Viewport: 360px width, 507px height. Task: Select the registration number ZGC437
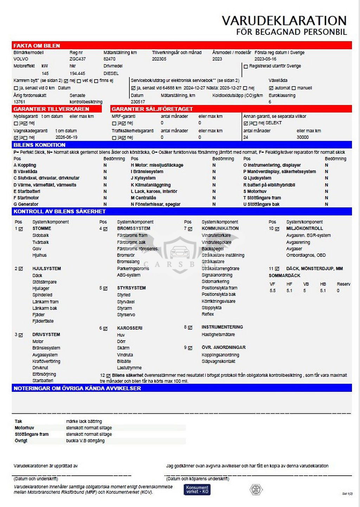pos(77,59)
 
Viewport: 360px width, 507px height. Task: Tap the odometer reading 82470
pos(109,59)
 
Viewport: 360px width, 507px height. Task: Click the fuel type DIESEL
pos(111,74)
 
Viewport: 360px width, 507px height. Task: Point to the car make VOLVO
pos(21,59)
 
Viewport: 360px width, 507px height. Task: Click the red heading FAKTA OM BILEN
pos(37,46)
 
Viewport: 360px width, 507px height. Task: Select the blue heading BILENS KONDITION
pos(39,145)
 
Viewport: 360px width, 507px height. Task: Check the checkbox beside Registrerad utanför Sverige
pos(246,66)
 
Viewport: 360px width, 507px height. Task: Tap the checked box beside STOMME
pos(21,229)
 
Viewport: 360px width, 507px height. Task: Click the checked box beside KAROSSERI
pos(105,328)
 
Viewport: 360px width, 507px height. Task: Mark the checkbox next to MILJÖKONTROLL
pos(277,229)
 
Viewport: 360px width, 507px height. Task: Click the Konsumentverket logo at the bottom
pos(197,489)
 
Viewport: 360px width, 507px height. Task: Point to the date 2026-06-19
pos(66,138)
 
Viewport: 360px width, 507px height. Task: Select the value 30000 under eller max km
pos(302,138)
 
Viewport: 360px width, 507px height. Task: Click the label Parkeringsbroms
pos(133,268)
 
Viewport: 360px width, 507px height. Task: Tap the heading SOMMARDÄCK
pos(284,275)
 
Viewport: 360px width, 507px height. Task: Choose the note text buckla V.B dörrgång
pos(85,441)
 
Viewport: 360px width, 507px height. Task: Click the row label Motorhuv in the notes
pos(24,428)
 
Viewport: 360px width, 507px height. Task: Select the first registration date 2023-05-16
pos(265,59)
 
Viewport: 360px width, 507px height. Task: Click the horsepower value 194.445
pos(77,74)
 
